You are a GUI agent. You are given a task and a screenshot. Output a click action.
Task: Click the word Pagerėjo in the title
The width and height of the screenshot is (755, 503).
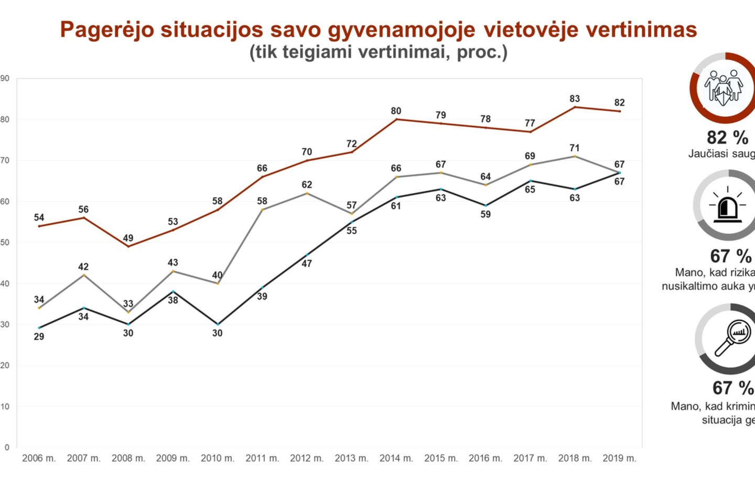(107, 30)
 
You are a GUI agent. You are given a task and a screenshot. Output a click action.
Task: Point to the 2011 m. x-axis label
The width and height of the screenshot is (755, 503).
(262, 458)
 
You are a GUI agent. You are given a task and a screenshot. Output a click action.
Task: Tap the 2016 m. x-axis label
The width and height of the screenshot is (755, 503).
(486, 458)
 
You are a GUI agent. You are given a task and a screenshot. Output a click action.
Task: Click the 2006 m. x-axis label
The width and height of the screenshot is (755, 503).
(39, 458)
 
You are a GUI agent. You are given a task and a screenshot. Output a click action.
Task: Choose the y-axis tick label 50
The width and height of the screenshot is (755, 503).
(5, 243)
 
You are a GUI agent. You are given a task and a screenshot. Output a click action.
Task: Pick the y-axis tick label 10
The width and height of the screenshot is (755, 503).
(5, 407)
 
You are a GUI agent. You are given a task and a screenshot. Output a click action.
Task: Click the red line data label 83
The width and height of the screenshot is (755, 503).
(575, 99)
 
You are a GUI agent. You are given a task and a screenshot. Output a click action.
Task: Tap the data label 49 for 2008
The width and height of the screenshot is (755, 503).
(128, 238)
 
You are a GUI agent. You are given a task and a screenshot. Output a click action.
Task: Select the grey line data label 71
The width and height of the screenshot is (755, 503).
(575, 148)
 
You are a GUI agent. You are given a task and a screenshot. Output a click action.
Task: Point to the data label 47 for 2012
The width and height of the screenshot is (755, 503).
(307, 264)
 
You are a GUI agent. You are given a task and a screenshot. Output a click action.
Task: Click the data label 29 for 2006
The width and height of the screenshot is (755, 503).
(39, 336)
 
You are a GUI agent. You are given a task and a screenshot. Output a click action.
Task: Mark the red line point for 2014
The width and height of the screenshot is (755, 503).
(396, 119)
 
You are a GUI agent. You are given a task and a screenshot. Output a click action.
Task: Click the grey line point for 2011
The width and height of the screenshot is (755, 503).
(262, 210)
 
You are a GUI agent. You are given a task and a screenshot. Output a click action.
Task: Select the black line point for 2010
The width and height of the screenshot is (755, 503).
(218, 324)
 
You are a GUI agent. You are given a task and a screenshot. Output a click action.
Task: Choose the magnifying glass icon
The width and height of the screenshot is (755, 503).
(732, 338)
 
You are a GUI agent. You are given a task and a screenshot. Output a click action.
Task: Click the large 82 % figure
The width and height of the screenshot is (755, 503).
(727, 137)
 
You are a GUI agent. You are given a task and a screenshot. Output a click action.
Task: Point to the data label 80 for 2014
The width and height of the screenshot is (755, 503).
(396, 111)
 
